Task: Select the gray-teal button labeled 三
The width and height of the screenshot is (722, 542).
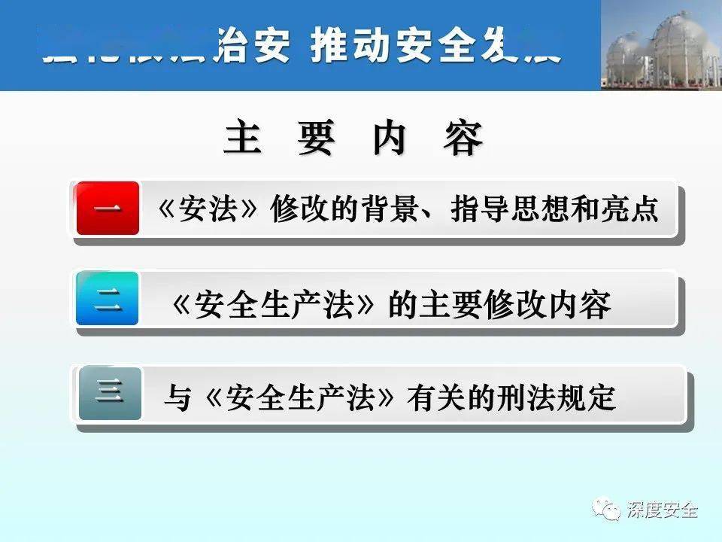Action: (110, 392)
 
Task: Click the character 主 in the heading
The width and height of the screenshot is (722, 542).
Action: (242, 139)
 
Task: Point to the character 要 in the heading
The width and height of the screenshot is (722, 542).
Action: (315, 139)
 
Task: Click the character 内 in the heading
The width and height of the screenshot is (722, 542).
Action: (390, 139)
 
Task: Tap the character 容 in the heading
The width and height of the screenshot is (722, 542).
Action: (463, 139)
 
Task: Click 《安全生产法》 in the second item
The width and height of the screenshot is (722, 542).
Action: (273, 305)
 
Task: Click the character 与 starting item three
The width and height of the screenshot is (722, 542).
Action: (177, 397)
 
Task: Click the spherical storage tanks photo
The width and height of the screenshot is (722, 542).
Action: (661, 45)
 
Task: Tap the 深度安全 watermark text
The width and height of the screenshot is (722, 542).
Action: (663, 510)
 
